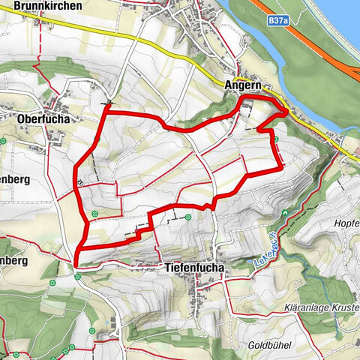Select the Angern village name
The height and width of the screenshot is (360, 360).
pos(242,86)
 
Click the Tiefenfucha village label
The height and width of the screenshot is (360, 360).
pos(189,265)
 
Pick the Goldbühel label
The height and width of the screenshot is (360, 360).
pos(269,345)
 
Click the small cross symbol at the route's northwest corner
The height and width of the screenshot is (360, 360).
pos(109,103)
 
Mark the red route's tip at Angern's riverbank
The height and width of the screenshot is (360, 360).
pos(287,112)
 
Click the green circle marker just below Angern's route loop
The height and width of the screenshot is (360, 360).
pos(277,139)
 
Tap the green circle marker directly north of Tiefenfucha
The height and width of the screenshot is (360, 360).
pos(187,217)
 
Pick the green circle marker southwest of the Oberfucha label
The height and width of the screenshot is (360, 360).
pos(4,140)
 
